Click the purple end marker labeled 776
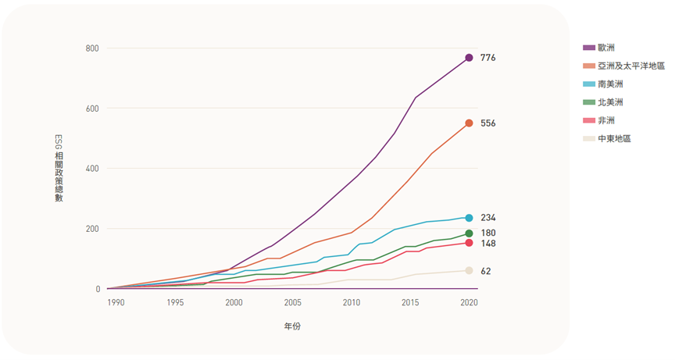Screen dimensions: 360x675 [469, 58]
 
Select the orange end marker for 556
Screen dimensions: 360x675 [469, 123]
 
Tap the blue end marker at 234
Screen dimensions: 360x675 [469, 218]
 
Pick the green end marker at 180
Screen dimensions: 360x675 [469, 233]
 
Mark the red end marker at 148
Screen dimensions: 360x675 [469, 243]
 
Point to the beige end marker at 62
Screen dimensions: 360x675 [469, 271]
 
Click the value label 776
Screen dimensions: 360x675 [488, 58]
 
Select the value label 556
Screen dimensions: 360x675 [488, 123]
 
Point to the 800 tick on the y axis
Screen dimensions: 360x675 [92, 48]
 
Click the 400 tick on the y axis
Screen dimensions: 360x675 [92, 169]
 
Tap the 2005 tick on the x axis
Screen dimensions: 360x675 [292, 302]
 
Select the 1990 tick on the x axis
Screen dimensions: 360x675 [115, 302]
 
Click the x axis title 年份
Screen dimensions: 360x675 [292, 326]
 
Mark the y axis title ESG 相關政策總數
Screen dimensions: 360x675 [59, 169]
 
